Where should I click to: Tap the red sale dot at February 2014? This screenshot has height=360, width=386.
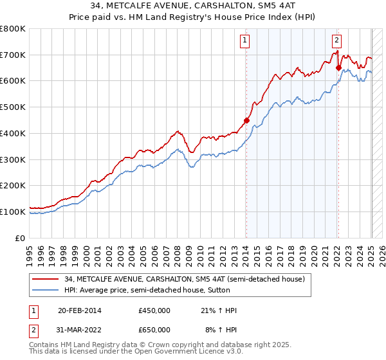point(246,120)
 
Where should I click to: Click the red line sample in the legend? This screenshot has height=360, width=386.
point(46,278)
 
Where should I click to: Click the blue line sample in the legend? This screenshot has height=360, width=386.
point(46,290)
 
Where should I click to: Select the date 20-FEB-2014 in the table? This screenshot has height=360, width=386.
point(79,310)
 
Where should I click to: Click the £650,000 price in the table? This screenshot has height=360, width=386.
point(154,330)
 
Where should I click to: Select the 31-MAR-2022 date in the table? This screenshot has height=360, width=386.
point(80,330)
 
